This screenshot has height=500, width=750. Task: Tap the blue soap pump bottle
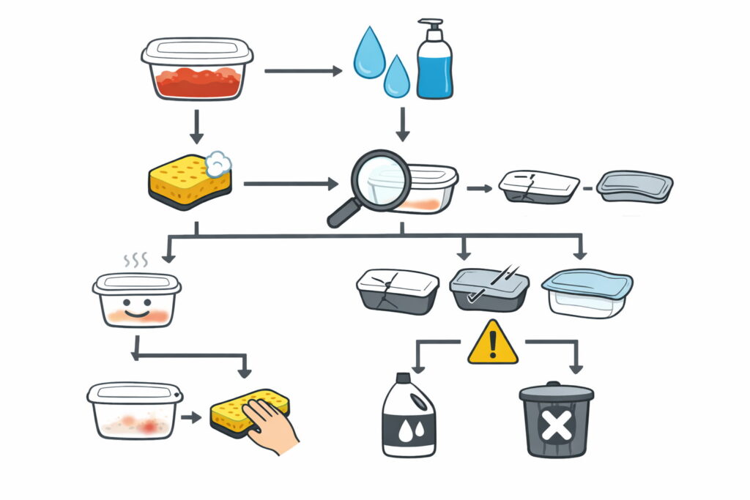tap(434, 66)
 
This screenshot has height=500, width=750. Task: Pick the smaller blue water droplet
tap(397, 77)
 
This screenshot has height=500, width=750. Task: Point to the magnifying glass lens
tap(378, 181)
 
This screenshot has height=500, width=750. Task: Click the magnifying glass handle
tap(341, 214)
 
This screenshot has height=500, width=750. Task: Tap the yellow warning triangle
tap(493, 343)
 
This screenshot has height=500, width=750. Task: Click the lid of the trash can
tap(556, 392)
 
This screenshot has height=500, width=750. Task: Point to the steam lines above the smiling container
tap(136, 260)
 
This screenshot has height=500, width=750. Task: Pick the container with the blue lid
tap(587, 293)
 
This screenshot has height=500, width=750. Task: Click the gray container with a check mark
tap(488, 290)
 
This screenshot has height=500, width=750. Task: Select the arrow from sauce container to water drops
tap(302, 71)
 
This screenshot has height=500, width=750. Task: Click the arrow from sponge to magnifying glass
tap(290, 184)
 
